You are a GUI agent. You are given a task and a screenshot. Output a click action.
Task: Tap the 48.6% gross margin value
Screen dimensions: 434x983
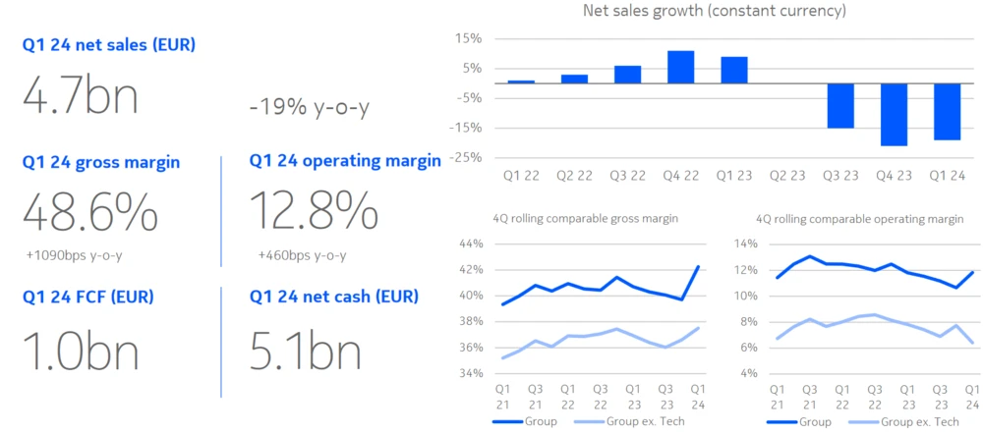click(x=89, y=211)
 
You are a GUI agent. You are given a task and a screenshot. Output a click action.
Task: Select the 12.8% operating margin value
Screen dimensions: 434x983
click(x=314, y=211)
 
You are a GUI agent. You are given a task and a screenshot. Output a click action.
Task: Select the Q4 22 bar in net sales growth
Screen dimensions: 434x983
click(x=680, y=67)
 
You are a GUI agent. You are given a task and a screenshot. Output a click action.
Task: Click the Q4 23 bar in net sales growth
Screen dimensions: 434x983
click(x=894, y=114)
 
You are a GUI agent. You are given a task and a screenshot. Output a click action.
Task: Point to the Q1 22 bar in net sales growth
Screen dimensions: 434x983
click(x=521, y=81)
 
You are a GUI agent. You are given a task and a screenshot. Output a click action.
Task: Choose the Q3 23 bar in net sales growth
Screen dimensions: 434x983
click(x=840, y=105)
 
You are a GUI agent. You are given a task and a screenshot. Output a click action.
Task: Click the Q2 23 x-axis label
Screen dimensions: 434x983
click(x=786, y=176)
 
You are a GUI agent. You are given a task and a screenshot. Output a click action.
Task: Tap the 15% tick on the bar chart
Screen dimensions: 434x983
click(x=468, y=38)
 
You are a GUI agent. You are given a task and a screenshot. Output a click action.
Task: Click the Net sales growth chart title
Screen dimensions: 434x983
click(x=714, y=12)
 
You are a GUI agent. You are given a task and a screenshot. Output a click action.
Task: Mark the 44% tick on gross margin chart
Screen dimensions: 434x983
click(x=471, y=244)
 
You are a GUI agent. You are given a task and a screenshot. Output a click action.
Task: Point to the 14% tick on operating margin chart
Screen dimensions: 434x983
click(x=745, y=244)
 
